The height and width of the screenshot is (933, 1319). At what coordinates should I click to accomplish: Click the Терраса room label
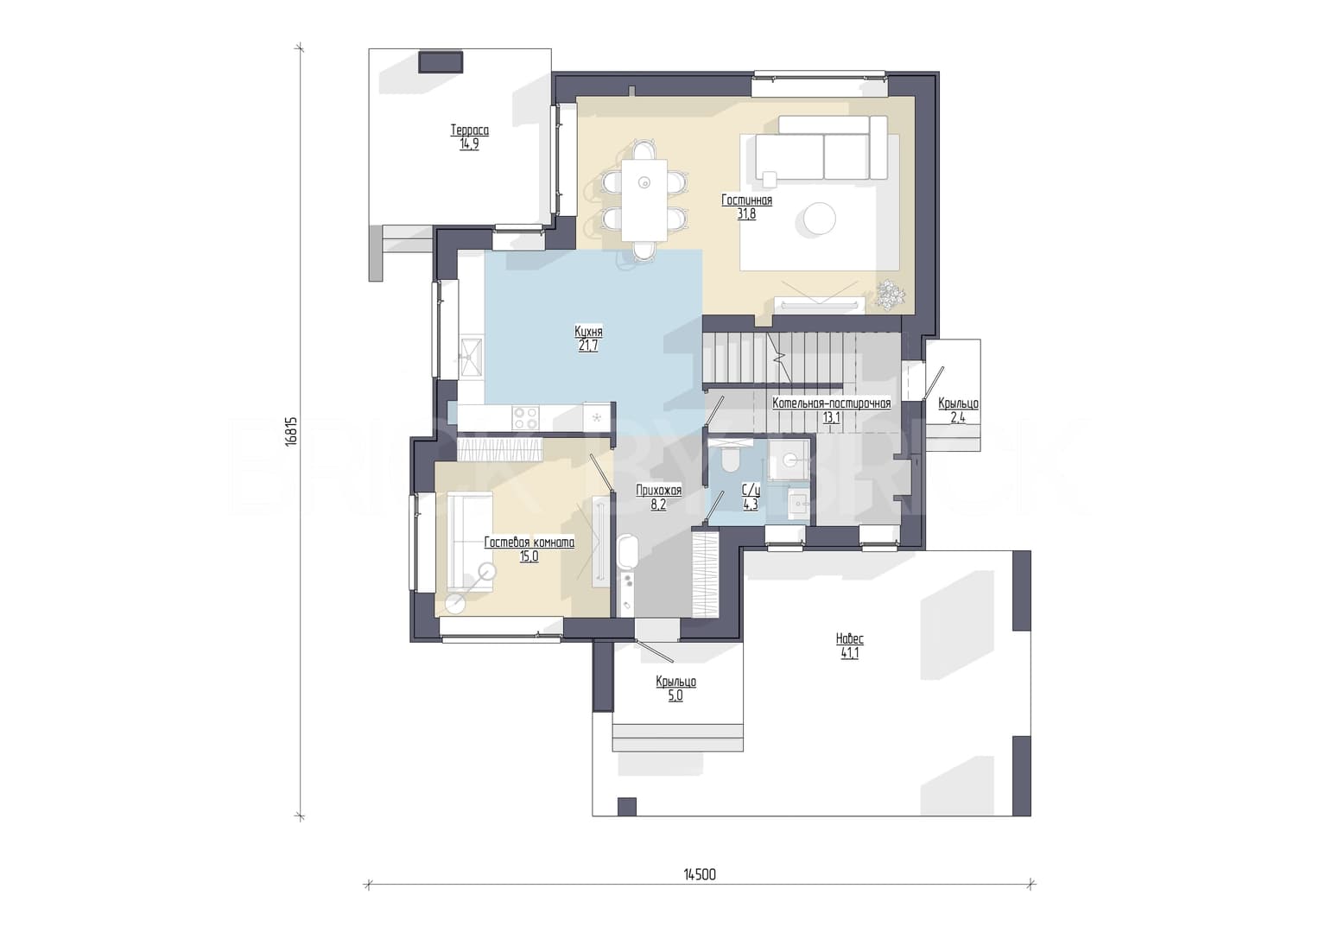point(469,130)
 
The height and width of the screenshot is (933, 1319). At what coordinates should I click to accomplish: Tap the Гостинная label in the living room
point(746,200)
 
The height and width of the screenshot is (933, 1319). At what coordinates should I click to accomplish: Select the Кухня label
point(588,333)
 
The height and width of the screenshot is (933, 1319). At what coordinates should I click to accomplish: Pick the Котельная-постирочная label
point(832,404)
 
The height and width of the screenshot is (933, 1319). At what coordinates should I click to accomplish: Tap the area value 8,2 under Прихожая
point(658,505)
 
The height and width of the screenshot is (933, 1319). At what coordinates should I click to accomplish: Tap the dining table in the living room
point(644,200)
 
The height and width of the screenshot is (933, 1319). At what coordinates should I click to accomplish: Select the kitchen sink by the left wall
point(471,357)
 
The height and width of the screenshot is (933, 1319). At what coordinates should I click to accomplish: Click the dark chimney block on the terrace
point(441,62)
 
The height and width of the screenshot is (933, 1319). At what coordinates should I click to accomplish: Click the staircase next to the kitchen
point(778,359)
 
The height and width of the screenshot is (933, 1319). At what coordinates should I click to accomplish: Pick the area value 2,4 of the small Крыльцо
point(958,417)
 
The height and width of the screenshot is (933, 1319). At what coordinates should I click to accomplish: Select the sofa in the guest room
point(470,542)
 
